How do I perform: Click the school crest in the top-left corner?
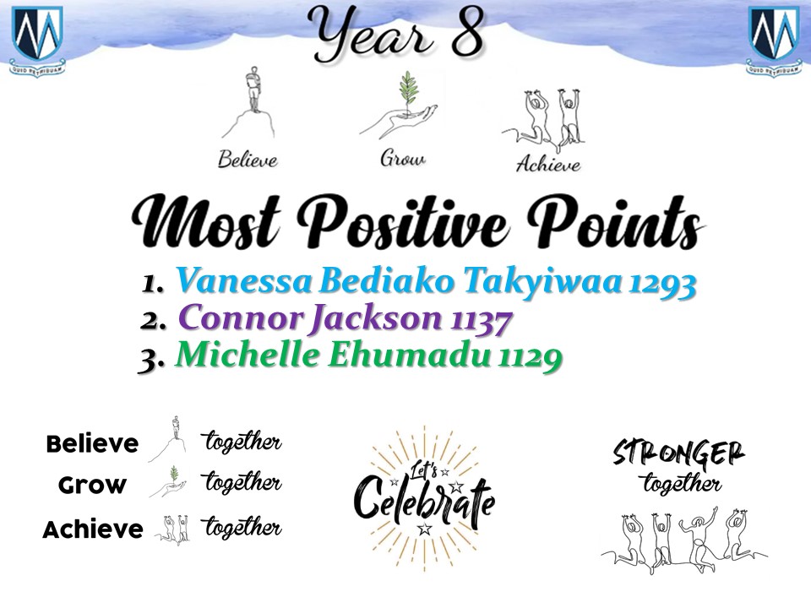pos(37,41)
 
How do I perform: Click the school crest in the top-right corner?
pos(774,41)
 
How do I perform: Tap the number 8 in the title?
pos(468,32)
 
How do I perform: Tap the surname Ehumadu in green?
pos(409,356)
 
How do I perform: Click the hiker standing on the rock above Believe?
pos(253,89)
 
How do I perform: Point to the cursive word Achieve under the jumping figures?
pos(548,164)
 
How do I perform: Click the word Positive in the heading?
pos(404,222)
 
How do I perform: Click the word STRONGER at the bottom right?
pos(678,453)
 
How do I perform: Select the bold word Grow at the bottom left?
pos(93,486)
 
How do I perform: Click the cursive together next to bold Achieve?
pos(242,526)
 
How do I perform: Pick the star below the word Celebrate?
pos(425,529)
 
